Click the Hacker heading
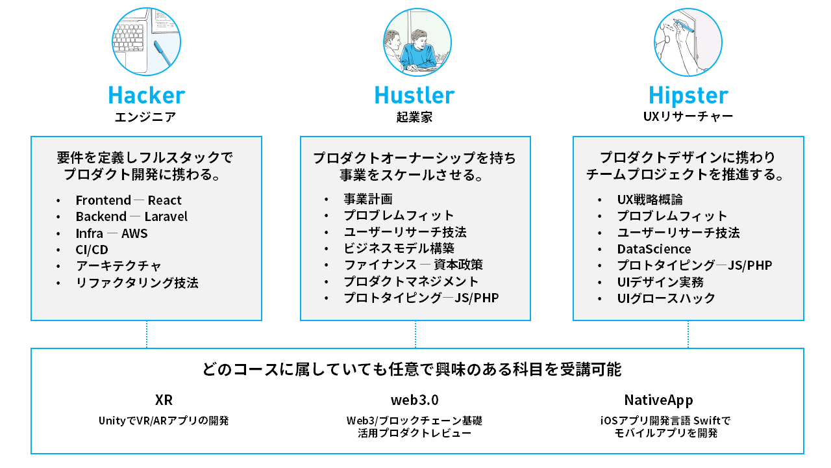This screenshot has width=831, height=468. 146,96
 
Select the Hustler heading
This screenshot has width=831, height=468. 414,96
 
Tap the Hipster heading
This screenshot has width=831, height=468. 688,96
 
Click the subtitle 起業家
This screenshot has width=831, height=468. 414,118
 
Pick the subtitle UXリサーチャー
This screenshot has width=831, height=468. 688,118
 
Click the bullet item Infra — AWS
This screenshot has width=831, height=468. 112,233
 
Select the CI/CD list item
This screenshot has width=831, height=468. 92,250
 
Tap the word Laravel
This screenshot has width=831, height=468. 166,216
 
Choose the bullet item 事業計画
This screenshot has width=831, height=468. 368,199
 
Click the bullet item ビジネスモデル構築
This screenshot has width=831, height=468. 399,248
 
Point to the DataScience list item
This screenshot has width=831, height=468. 654,249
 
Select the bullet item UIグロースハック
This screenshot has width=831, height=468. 666,298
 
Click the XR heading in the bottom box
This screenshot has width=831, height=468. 164,400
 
